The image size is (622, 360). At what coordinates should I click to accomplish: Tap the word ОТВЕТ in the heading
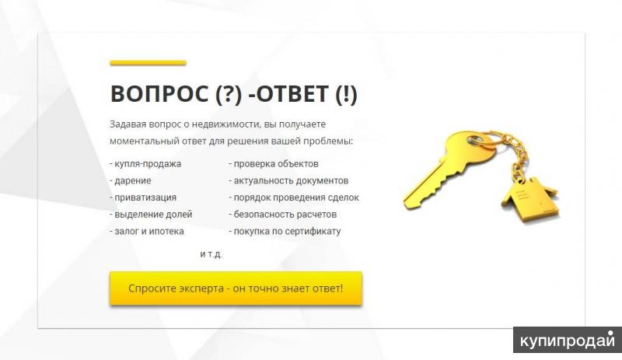[292, 94]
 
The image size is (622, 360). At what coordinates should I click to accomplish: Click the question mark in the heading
[229, 94]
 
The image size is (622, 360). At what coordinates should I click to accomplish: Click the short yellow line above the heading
[148, 63]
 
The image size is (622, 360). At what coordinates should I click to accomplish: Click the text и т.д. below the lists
[211, 254]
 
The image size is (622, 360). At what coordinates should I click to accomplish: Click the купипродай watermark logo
[568, 340]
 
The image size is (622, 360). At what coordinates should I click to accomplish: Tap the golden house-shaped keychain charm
[529, 197]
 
